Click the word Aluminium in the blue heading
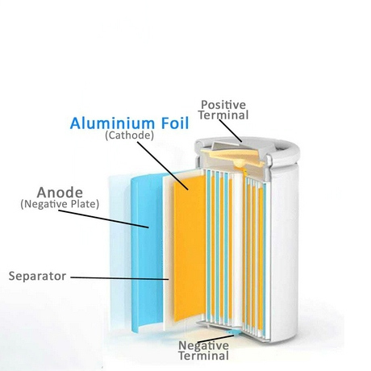pyautogui.click(x=112, y=123)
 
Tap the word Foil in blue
pyautogui.click(x=175, y=123)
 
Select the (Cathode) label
pyautogui.click(x=129, y=135)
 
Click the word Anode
pyautogui.click(x=60, y=193)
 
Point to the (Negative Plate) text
pyautogui.click(x=60, y=204)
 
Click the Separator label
pyautogui.click(x=37, y=276)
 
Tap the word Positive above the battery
pyautogui.click(x=223, y=105)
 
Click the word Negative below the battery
pyautogui.click(x=203, y=345)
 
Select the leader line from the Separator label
pyautogui.click(x=119, y=278)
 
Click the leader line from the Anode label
pyautogui.click(x=103, y=219)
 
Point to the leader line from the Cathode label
pyautogui.click(x=163, y=165)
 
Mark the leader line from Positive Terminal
pyautogui.click(x=231, y=131)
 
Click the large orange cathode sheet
pyautogui.click(x=190, y=248)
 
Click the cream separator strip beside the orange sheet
pyautogui.click(x=168, y=250)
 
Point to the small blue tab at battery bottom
pyautogui.click(x=231, y=332)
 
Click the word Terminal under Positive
pyautogui.click(x=223, y=115)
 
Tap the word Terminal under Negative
pyautogui.click(x=203, y=356)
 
